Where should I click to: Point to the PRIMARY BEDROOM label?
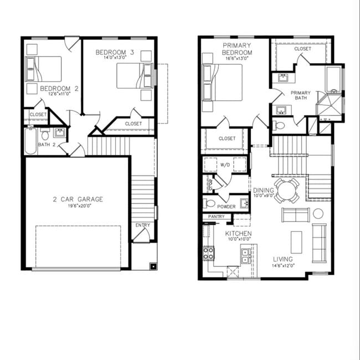[x=238, y=49]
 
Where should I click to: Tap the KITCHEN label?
[x=238, y=234]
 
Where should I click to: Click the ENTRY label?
[x=142, y=225]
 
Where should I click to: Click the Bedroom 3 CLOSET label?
[x=133, y=124]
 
